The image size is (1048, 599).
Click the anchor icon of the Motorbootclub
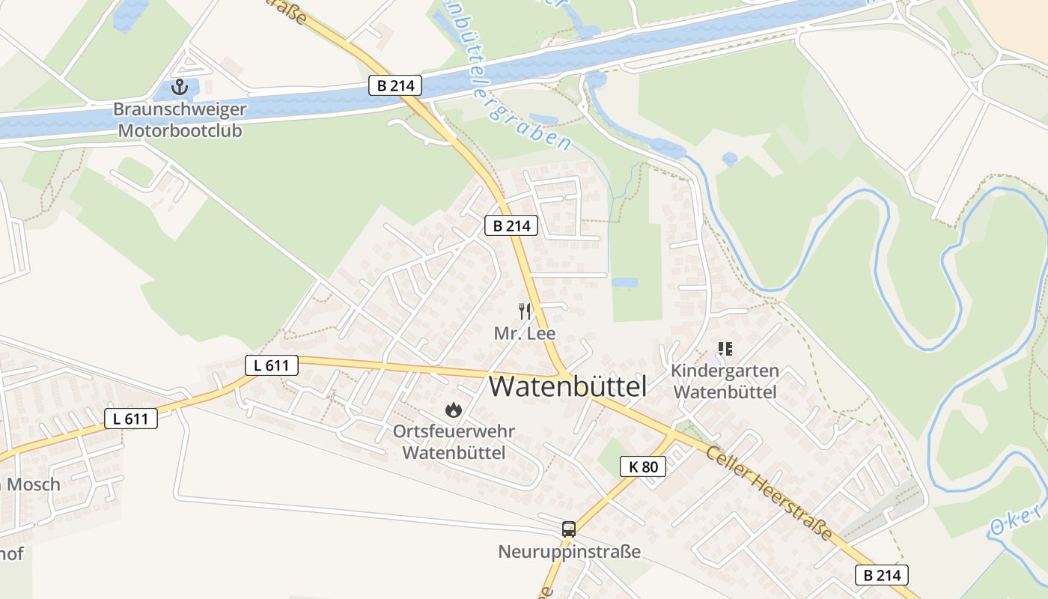tap(179, 88)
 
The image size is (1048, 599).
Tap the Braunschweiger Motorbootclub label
tap(179, 120)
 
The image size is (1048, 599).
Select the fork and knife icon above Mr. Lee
tap(525, 311)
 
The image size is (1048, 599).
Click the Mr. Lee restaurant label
tap(525, 333)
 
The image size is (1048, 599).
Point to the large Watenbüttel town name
tap(567, 386)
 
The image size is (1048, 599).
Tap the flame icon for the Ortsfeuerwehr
tap(453, 410)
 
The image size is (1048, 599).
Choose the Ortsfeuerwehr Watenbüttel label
tap(454, 443)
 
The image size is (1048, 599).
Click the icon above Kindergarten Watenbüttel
tap(725, 348)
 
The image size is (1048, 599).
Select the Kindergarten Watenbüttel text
tap(725, 381)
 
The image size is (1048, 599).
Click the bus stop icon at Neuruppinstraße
tap(569, 529)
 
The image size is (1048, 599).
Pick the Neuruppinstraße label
tap(569, 553)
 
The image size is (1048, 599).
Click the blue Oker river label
tap(1016, 518)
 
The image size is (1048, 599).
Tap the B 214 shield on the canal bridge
tap(395, 85)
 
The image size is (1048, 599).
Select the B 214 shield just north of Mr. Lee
tap(511, 225)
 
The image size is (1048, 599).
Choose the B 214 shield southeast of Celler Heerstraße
tap(882, 575)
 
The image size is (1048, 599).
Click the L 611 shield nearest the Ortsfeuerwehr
tap(272, 365)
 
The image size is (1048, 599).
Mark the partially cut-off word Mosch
tap(31, 484)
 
